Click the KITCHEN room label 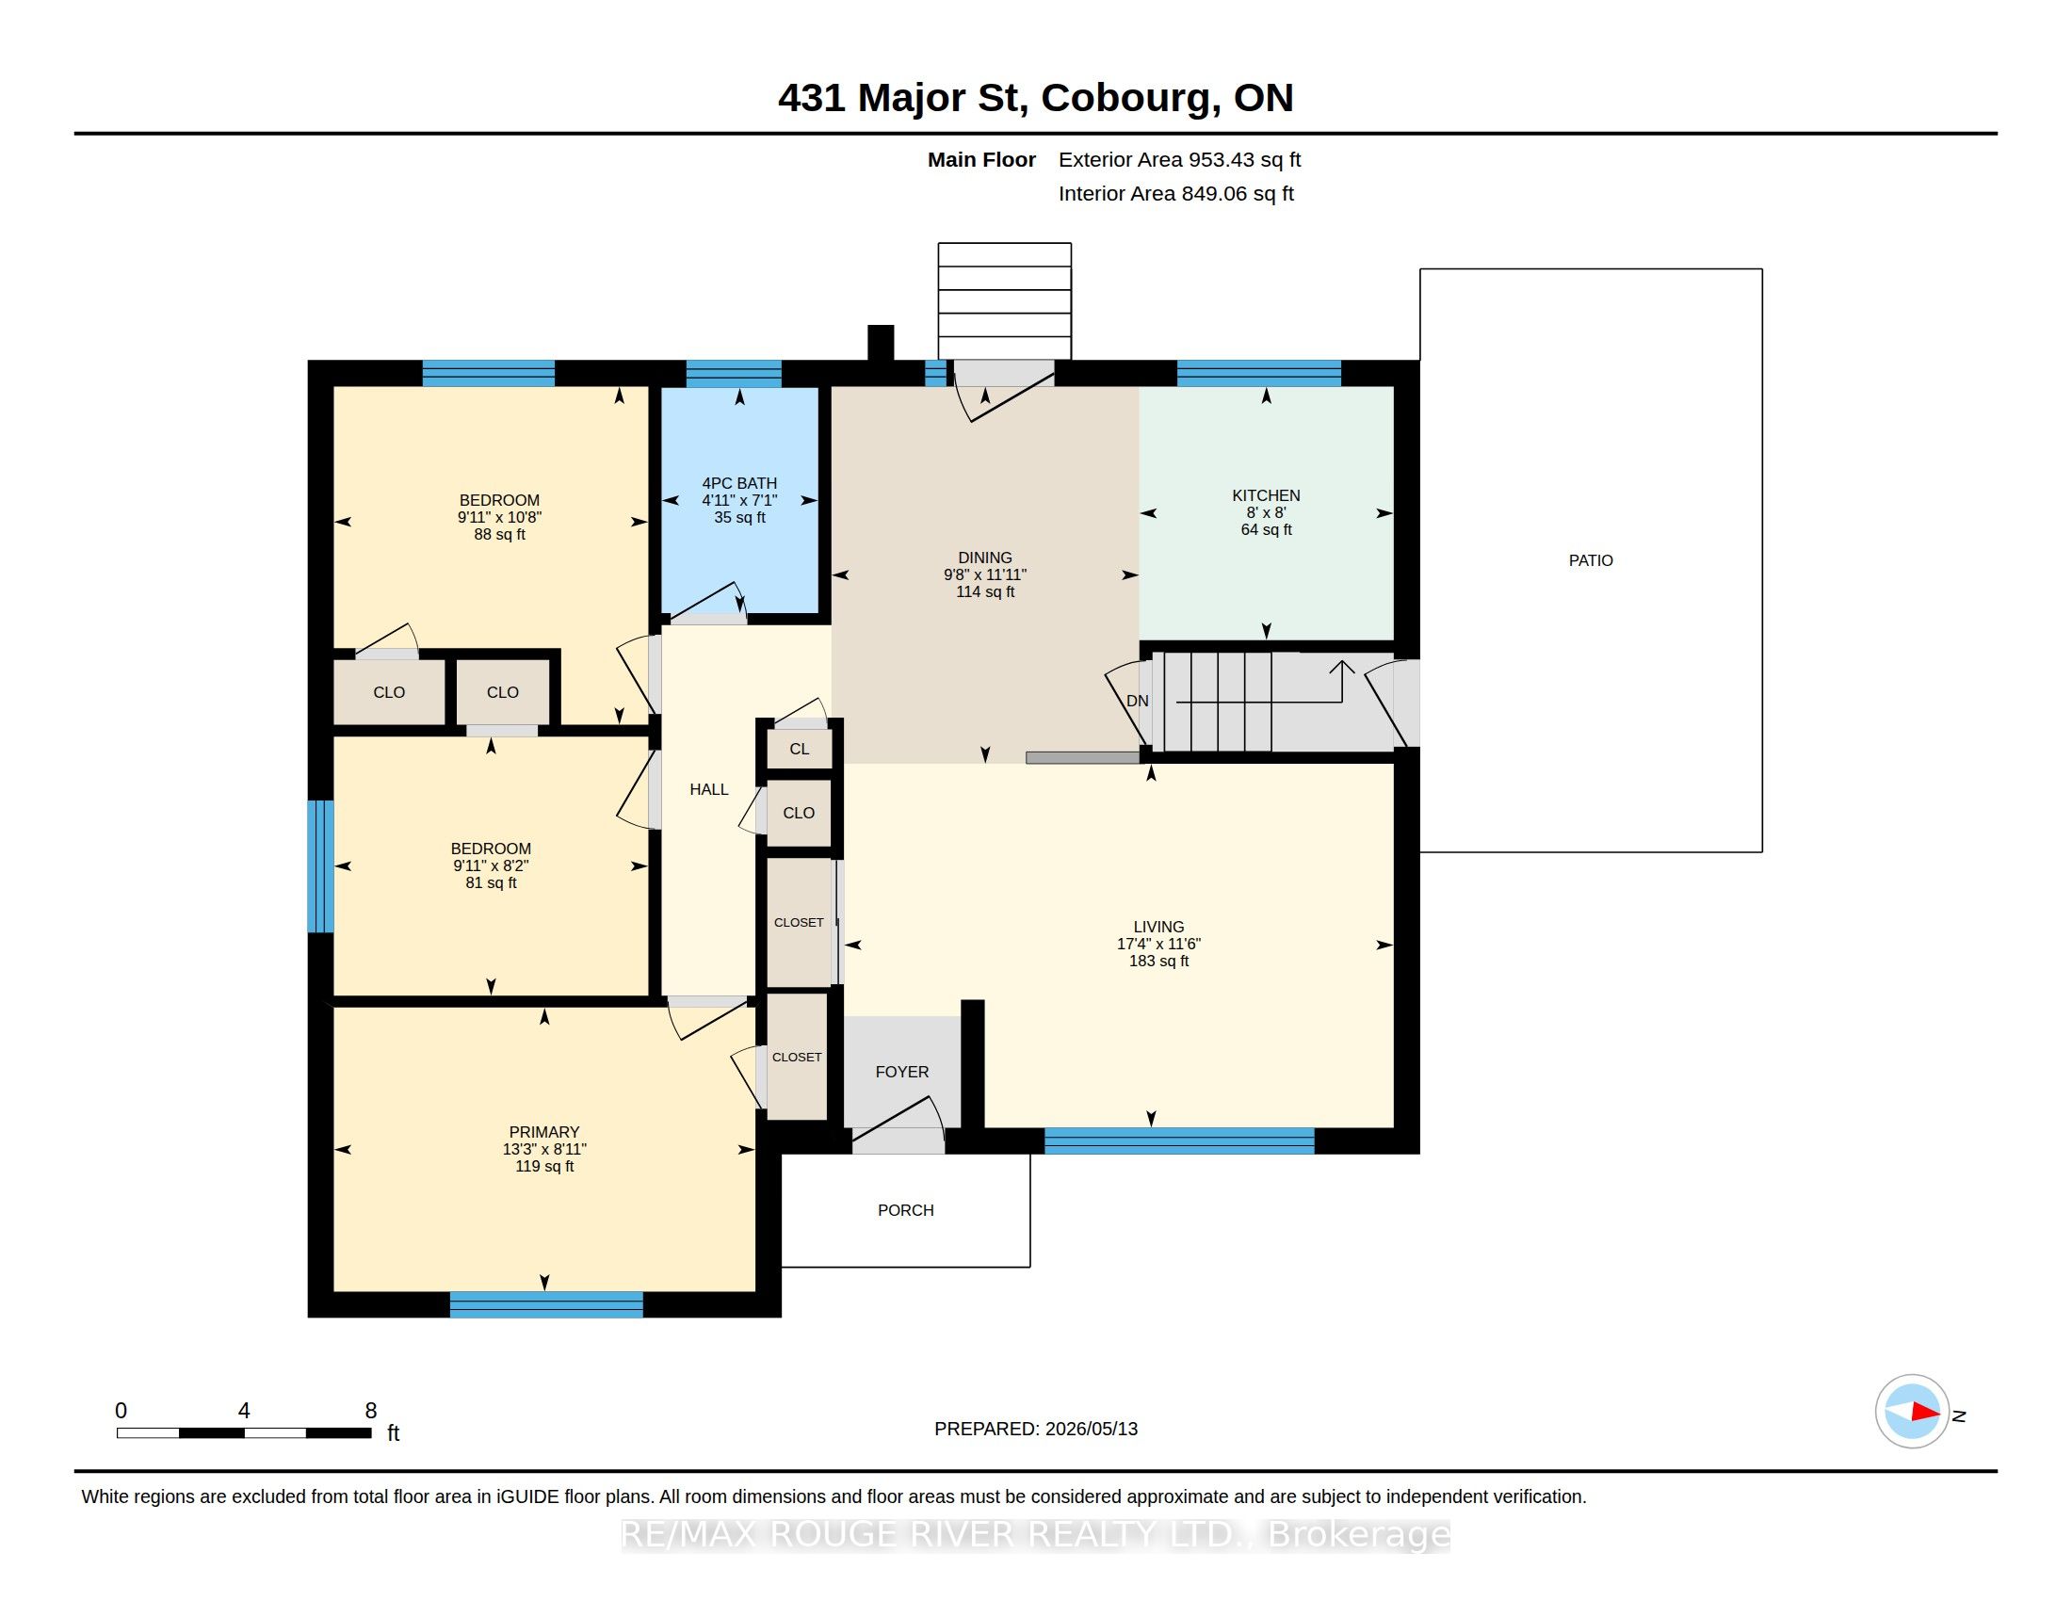coord(1266,495)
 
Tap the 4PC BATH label coord(739,483)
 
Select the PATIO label coord(1591,560)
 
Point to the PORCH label coord(906,1210)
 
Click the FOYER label coord(902,1072)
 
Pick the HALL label coord(708,789)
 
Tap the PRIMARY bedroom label coord(543,1131)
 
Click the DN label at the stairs coord(1138,701)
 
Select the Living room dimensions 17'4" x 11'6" coord(1158,944)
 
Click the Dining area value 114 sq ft coord(985,591)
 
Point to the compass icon coord(1912,1412)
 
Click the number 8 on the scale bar coord(371,1411)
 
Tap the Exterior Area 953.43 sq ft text coord(1179,159)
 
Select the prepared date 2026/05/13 coord(1091,1429)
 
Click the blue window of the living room coord(1179,1141)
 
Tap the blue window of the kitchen coord(1259,374)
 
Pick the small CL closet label coord(800,750)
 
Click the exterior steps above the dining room coord(1005,301)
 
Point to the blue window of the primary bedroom coord(546,1304)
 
